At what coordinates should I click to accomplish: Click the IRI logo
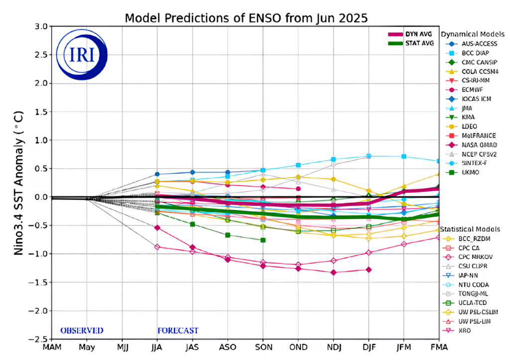click(81, 55)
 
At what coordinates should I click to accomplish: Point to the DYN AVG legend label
click(418, 34)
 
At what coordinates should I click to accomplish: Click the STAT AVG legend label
click(419, 43)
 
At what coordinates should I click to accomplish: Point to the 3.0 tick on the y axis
click(41, 26)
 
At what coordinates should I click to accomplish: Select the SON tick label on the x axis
click(263, 347)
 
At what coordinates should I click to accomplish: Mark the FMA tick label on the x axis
click(438, 347)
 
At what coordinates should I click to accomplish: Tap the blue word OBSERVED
click(82, 330)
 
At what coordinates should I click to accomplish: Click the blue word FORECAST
click(178, 330)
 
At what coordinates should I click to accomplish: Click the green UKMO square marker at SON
click(263, 240)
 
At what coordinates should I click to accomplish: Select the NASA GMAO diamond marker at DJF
click(369, 269)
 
